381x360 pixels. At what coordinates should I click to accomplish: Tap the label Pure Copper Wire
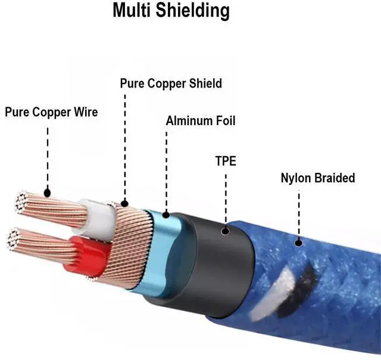click(x=51, y=112)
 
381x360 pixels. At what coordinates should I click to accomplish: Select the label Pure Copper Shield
click(x=171, y=83)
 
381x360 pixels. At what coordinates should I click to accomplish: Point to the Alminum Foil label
click(x=201, y=122)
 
